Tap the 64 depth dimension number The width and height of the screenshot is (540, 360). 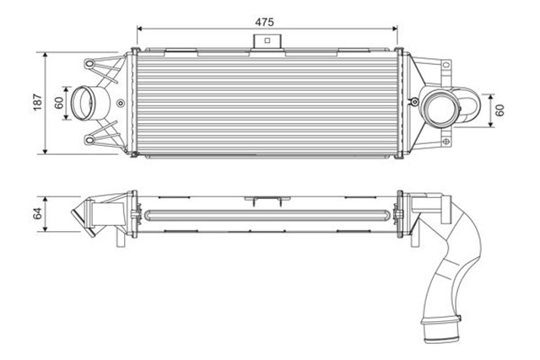click(36, 214)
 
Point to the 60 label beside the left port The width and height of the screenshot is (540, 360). click(58, 103)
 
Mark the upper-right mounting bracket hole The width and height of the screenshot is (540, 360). click(445, 65)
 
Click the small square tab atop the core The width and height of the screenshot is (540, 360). click(267, 40)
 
